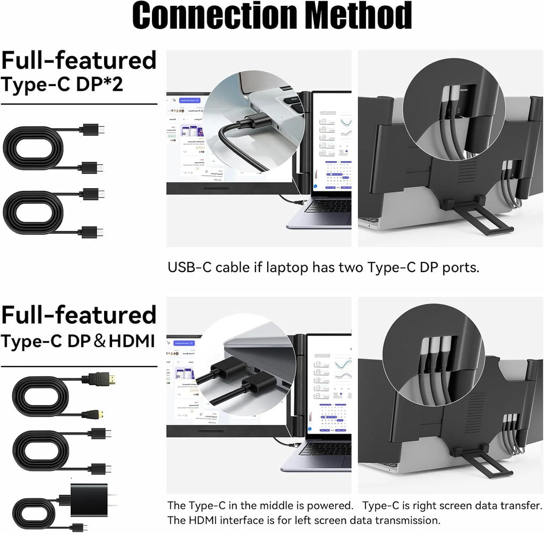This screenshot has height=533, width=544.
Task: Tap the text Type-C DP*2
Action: tap(62, 85)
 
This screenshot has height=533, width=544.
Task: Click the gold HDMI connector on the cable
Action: tap(99, 379)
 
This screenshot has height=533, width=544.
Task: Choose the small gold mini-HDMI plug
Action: tap(85, 412)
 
